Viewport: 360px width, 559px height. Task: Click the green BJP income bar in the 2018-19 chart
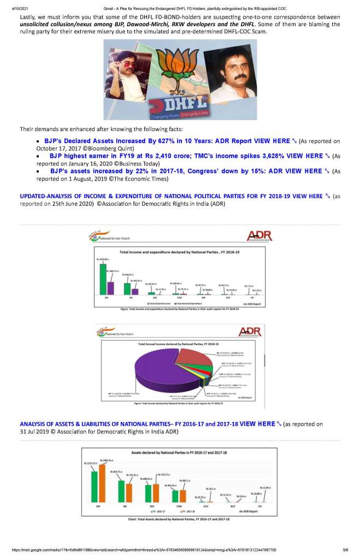pyautogui.click(x=102, y=278)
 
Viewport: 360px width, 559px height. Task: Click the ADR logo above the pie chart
pyautogui.click(x=251, y=332)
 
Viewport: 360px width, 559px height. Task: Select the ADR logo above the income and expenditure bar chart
pyautogui.click(x=259, y=236)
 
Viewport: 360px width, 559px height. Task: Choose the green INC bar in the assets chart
pyautogui.click(x=122, y=498)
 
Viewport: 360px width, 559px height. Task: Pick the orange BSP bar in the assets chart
pyautogui.click(x=156, y=501)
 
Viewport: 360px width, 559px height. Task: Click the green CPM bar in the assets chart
pyautogui.click(x=175, y=504)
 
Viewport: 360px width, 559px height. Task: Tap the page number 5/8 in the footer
pyautogui.click(x=345, y=550)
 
